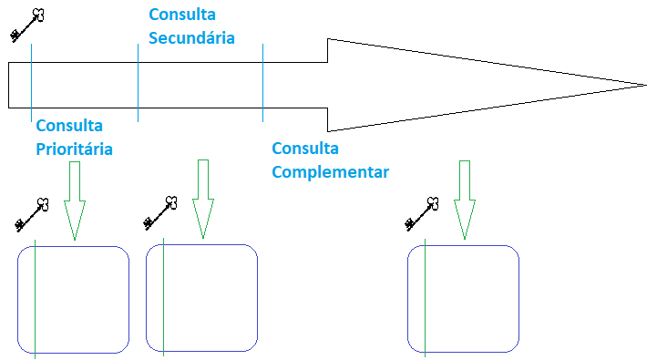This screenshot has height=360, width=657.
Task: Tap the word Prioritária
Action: [75, 149]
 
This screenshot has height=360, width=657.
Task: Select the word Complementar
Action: [331, 171]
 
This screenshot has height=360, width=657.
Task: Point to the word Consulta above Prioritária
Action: [69, 126]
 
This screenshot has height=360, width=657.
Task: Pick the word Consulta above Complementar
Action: [305, 149]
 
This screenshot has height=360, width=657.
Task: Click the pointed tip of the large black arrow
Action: [644, 85]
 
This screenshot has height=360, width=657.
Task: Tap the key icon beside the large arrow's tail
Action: [27, 25]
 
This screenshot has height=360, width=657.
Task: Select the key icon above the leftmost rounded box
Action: [32, 213]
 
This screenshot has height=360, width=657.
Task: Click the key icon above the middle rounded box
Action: [160, 212]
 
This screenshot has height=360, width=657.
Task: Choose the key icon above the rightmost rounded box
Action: [422, 212]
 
